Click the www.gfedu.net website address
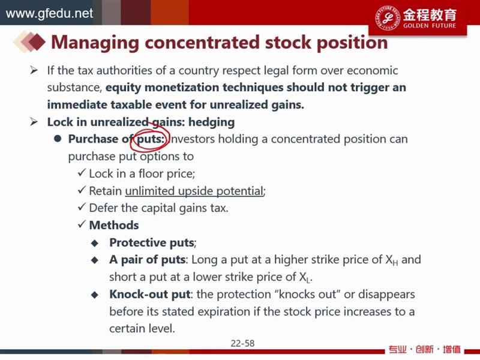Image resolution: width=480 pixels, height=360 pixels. point(49,13)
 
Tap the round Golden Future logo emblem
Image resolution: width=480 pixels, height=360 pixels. point(388,18)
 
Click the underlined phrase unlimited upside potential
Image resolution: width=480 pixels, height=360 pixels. point(194,191)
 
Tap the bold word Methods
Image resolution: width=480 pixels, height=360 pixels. point(114,226)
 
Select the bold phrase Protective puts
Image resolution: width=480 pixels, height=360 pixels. point(152,243)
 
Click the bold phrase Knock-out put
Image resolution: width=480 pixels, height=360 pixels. point(150,294)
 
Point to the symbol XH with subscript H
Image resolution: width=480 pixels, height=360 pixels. point(392,260)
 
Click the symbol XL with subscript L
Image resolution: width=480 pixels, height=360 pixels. point(305,277)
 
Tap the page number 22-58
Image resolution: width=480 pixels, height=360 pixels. point(242,343)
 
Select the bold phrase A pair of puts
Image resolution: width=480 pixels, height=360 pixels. point(147,260)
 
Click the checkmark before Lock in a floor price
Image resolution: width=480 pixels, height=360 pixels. point(82,173)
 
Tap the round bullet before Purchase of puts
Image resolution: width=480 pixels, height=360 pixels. point(58,139)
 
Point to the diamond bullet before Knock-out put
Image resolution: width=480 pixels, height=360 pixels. point(95,295)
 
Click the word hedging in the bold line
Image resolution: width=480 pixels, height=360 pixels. point(211,122)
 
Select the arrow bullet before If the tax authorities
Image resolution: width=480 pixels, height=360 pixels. point(34,71)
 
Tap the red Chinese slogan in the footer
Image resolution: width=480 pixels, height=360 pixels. point(425,349)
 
